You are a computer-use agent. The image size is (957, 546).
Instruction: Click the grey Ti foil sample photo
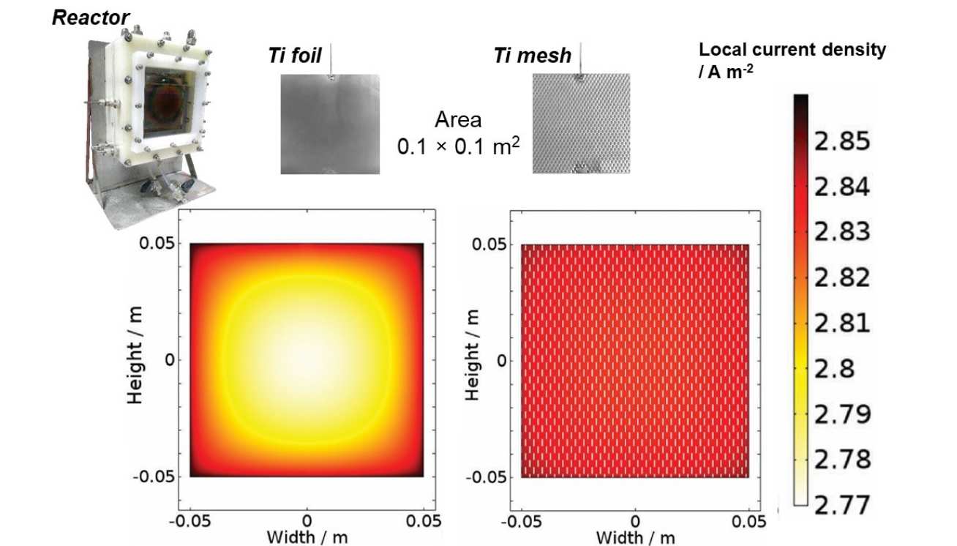(x=330, y=124)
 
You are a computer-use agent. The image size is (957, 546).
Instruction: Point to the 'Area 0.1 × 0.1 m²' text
(x=459, y=133)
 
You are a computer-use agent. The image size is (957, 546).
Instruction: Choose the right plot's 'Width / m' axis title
(x=635, y=538)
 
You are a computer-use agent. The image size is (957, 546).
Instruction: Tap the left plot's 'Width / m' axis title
(x=307, y=538)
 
